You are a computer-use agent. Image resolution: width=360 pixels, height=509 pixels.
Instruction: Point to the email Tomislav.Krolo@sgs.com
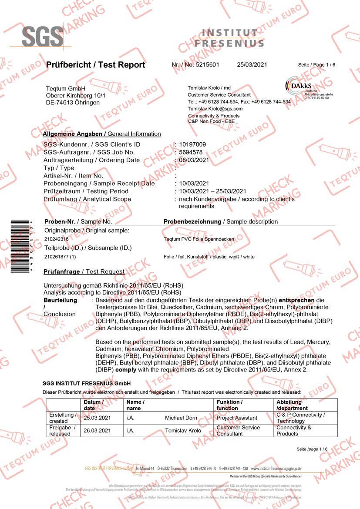click(215, 108)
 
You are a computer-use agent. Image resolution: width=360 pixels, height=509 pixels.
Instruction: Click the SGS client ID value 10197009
click(192, 144)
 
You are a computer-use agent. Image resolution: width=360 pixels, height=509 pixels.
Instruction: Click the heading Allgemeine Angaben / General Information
click(102, 134)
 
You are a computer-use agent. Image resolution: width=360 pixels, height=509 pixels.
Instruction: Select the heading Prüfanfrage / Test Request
click(84, 272)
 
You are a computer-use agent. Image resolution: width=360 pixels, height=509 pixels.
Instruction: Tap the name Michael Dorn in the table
click(181, 418)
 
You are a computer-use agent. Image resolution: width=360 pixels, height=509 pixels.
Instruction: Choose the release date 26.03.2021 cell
click(97, 431)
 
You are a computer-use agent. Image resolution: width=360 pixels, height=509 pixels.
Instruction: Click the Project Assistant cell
click(237, 418)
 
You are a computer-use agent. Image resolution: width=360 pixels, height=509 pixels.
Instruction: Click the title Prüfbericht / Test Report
click(95, 65)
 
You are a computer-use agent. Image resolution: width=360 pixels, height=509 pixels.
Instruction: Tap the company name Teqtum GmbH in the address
click(66, 89)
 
